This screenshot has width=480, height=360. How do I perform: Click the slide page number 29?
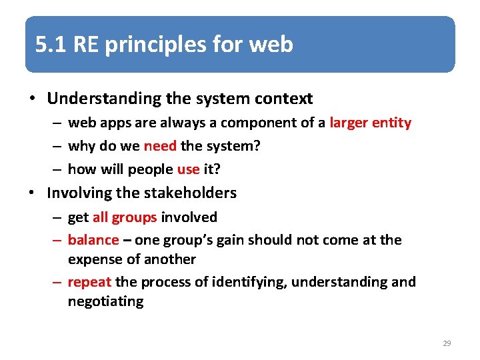(x=447, y=343)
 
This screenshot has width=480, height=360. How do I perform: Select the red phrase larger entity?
(x=370, y=123)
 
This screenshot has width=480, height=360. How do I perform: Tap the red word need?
(x=159, y=146)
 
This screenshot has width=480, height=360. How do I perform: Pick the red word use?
(x=189, y=169)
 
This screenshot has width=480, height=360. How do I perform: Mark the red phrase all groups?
(x=125, y=217)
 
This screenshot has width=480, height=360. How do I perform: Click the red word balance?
(x=93, y=239)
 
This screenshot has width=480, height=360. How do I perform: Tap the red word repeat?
(x=89, y=282)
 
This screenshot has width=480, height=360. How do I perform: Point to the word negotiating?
(x=105, y=301)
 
